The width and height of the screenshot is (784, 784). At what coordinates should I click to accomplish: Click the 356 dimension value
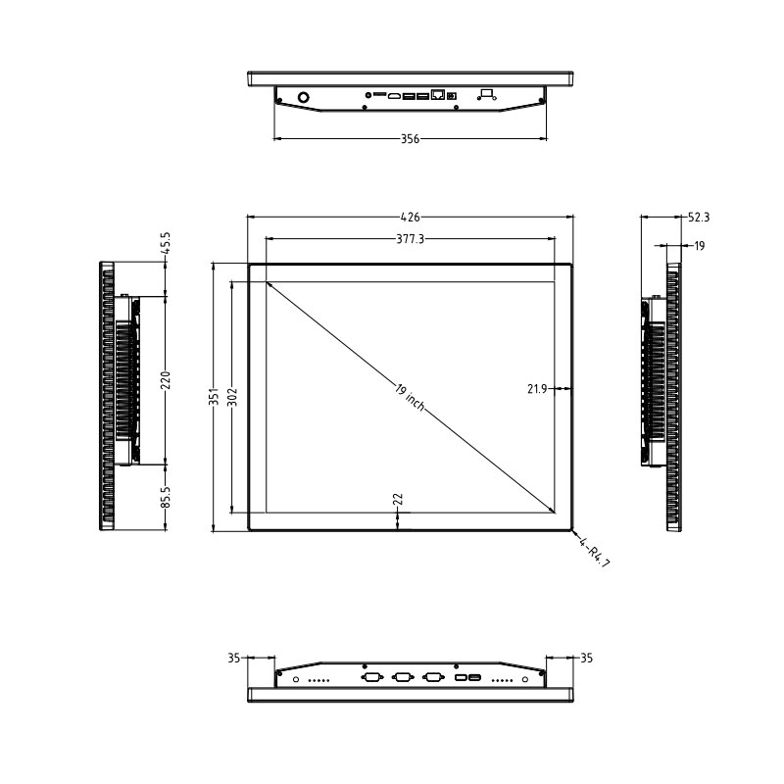pyautogui.click(x=410, y=139)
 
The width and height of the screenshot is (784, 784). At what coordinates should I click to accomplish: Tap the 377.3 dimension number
pyautogui.click(x=410, y=238)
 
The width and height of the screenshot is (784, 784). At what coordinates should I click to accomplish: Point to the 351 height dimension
pyautogui.click(x=215, y=397)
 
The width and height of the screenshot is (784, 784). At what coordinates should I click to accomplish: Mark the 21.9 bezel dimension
pyautogui.click(x=536, y=389)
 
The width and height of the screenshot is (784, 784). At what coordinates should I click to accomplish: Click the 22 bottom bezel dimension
pyautogui.click(x=397, y=499)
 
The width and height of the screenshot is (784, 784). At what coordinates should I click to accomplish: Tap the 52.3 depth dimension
pyautogui.click(x=699, y=218)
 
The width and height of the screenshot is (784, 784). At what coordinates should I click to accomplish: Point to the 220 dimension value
pyautogui.click(x=166, y=379)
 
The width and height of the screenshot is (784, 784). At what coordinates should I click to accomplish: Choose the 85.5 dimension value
pyautogui.click(x=166, y=498)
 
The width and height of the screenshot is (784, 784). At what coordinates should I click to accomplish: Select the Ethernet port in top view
pyautogui.click(x=437, y=95)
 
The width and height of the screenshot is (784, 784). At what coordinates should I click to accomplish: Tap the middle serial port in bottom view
pyautogui.click(x=402, y=677)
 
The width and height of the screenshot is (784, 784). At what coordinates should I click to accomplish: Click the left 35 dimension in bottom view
pyautogui.click(x=233, y=659)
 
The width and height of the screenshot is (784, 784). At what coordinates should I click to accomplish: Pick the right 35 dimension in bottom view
pyautogui.click(x=586, y=659)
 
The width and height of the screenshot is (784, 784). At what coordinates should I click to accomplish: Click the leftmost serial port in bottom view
pyautogui.click(x=371, y=677)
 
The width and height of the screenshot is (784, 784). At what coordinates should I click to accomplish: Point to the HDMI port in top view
pyautogui.click(x=396, y=96)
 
